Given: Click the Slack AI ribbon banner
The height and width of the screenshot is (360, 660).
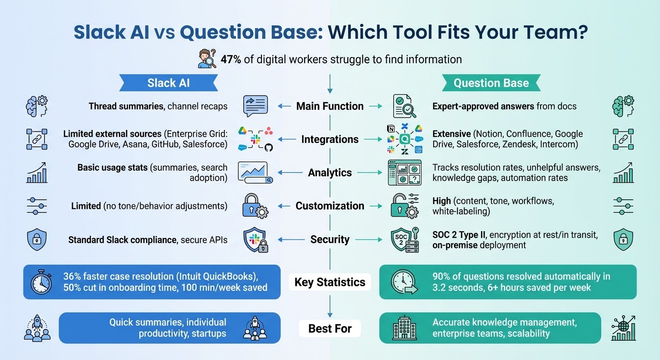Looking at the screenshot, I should click(168, 83).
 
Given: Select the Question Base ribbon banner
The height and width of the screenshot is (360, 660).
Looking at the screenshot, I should click(491, 83).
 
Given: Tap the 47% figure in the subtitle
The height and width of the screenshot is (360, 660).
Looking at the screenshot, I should click(231, 60).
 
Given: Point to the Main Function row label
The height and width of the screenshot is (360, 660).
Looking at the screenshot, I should click(330, 106).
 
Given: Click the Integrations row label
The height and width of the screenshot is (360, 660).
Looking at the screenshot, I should click(330, 139).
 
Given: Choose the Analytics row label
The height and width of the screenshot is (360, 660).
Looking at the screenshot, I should click(330, 172).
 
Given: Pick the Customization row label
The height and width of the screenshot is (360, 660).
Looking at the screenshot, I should click(330, 206).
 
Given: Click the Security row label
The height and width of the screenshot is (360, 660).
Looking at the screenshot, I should click(330, 240).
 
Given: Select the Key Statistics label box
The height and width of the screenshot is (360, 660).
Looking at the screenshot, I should click(330, 282).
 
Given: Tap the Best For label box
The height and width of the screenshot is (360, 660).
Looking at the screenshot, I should click(330, 329).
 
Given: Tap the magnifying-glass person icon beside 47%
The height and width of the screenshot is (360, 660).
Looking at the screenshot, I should click(207, 60).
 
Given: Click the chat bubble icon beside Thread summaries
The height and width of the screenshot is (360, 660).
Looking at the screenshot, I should click(255, 106).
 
